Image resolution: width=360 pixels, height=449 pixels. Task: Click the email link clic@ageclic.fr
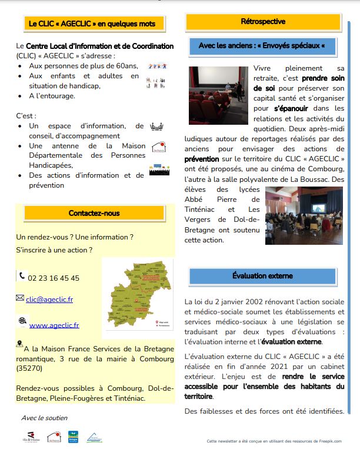tap(49, 299)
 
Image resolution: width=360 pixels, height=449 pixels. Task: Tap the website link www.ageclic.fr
tap(54, 324)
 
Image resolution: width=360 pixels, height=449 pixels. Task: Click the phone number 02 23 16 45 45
tap(54, 278)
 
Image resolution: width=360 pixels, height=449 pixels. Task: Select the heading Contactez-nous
tap(94, 213)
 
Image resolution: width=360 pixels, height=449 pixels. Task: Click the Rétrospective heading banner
tap(263, 22)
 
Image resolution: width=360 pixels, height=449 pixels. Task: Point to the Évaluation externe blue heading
tap(263, 275)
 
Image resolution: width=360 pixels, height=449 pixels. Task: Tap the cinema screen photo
tap(218, 92)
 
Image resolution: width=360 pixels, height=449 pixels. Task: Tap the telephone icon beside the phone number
tap(22, 275)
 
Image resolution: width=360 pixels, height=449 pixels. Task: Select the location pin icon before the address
tap(20, 344)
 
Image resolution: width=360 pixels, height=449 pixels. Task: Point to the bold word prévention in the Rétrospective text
tap(202, 159)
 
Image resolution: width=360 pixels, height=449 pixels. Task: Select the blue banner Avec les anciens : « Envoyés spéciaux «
tap(262, 46)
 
